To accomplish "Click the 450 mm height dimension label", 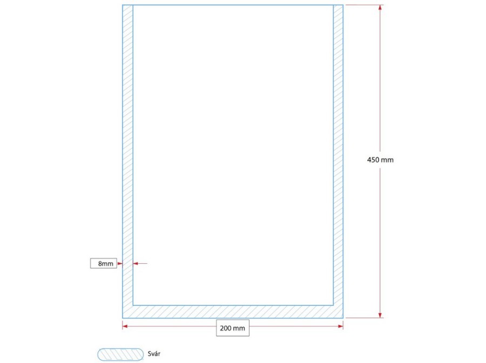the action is coord(380,160).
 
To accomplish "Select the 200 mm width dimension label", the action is coord(232,328).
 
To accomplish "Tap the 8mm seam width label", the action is coord(106,264).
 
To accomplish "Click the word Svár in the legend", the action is coord(154,354).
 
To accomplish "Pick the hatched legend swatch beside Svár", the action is coord(120,355).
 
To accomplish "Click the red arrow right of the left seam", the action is coord(140,263).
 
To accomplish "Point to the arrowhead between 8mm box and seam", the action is coord(120,264).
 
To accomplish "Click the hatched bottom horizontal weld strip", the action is coord(233,312).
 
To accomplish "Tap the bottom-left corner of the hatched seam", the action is coord(123,318).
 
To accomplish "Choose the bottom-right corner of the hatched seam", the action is coord(343,318).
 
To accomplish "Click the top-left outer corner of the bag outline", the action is coord(123,5).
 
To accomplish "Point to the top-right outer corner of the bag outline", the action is coord(343,5).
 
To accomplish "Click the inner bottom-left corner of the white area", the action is coord(133,305).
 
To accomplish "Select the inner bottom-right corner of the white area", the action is coord(333,305).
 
